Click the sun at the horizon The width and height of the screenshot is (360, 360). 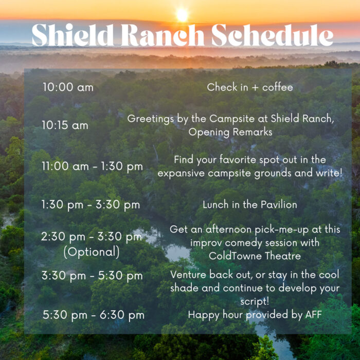(182, 15)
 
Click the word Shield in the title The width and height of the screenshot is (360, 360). (73, 35)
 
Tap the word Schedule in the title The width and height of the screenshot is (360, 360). (272, 35)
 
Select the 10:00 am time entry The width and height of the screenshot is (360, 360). (68, 87)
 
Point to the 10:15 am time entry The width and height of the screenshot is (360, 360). (65, 125)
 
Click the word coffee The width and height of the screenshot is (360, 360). (278, 87)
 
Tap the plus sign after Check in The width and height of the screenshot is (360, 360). (255, 88)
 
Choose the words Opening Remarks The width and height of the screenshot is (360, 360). (230, 133)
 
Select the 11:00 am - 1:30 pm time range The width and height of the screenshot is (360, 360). (92, 167)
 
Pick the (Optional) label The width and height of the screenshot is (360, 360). (92, 252)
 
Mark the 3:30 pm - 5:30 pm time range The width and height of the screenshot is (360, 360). (92, 276)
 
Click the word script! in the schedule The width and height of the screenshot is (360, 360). (255, 301)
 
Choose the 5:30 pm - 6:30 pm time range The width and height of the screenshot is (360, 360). (94, 315)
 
